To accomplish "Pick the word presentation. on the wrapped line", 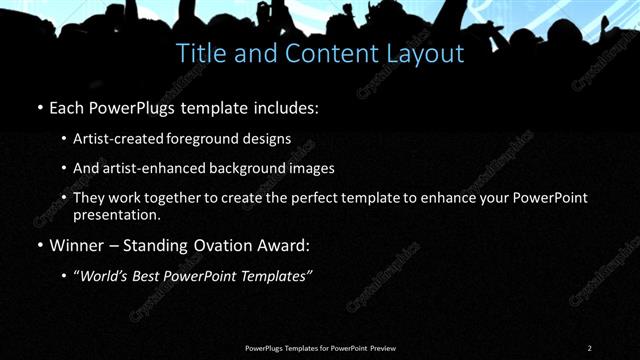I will (x=116, y=214).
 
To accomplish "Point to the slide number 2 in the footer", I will (x=590, y=348).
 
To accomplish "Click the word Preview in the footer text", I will (x=382, y=348).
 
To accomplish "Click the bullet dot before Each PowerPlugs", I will (x=39, y=106).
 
